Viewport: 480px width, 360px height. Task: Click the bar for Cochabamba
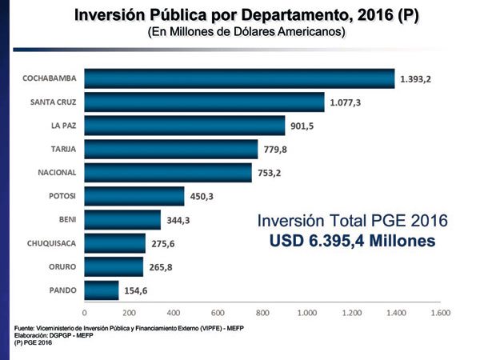pyautogui.click(x=239, y=78)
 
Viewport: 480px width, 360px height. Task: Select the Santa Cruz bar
pyautogui.click(x=204, y=102)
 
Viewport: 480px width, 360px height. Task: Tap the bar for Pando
pyautogui.click(x=102, y=290)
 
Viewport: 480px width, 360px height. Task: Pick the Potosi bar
pyautogui.click(x=134, y=196)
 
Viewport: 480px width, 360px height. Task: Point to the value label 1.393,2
pyautogui.click(x=421, y=78)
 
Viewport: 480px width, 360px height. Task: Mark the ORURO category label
pyautogui.click(x=62, y=266)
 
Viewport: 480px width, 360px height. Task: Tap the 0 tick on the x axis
pyautogui.click(x=85, y=313)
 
